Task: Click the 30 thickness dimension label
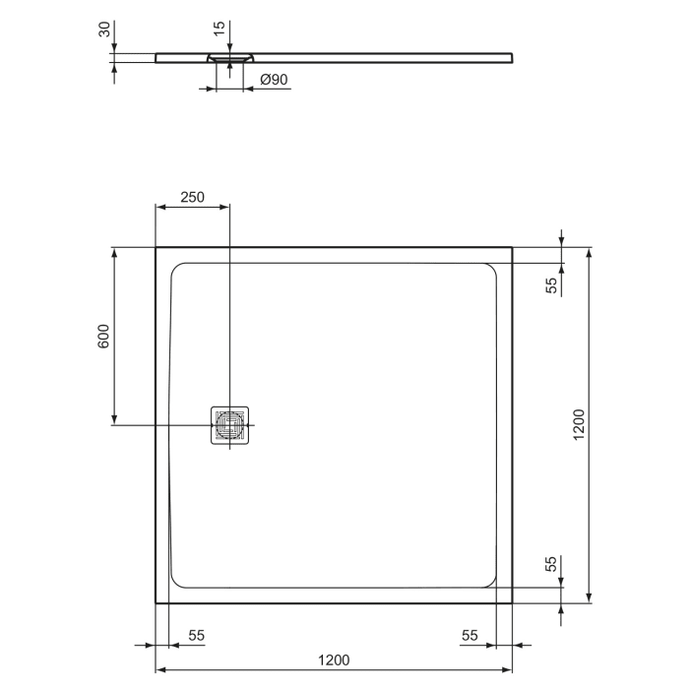102,30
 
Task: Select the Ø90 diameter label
274,81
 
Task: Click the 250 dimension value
192,197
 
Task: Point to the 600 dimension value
103,338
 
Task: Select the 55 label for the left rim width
195,637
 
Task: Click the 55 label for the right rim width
469,637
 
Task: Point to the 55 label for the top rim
552,285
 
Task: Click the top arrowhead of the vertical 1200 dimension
589,253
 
